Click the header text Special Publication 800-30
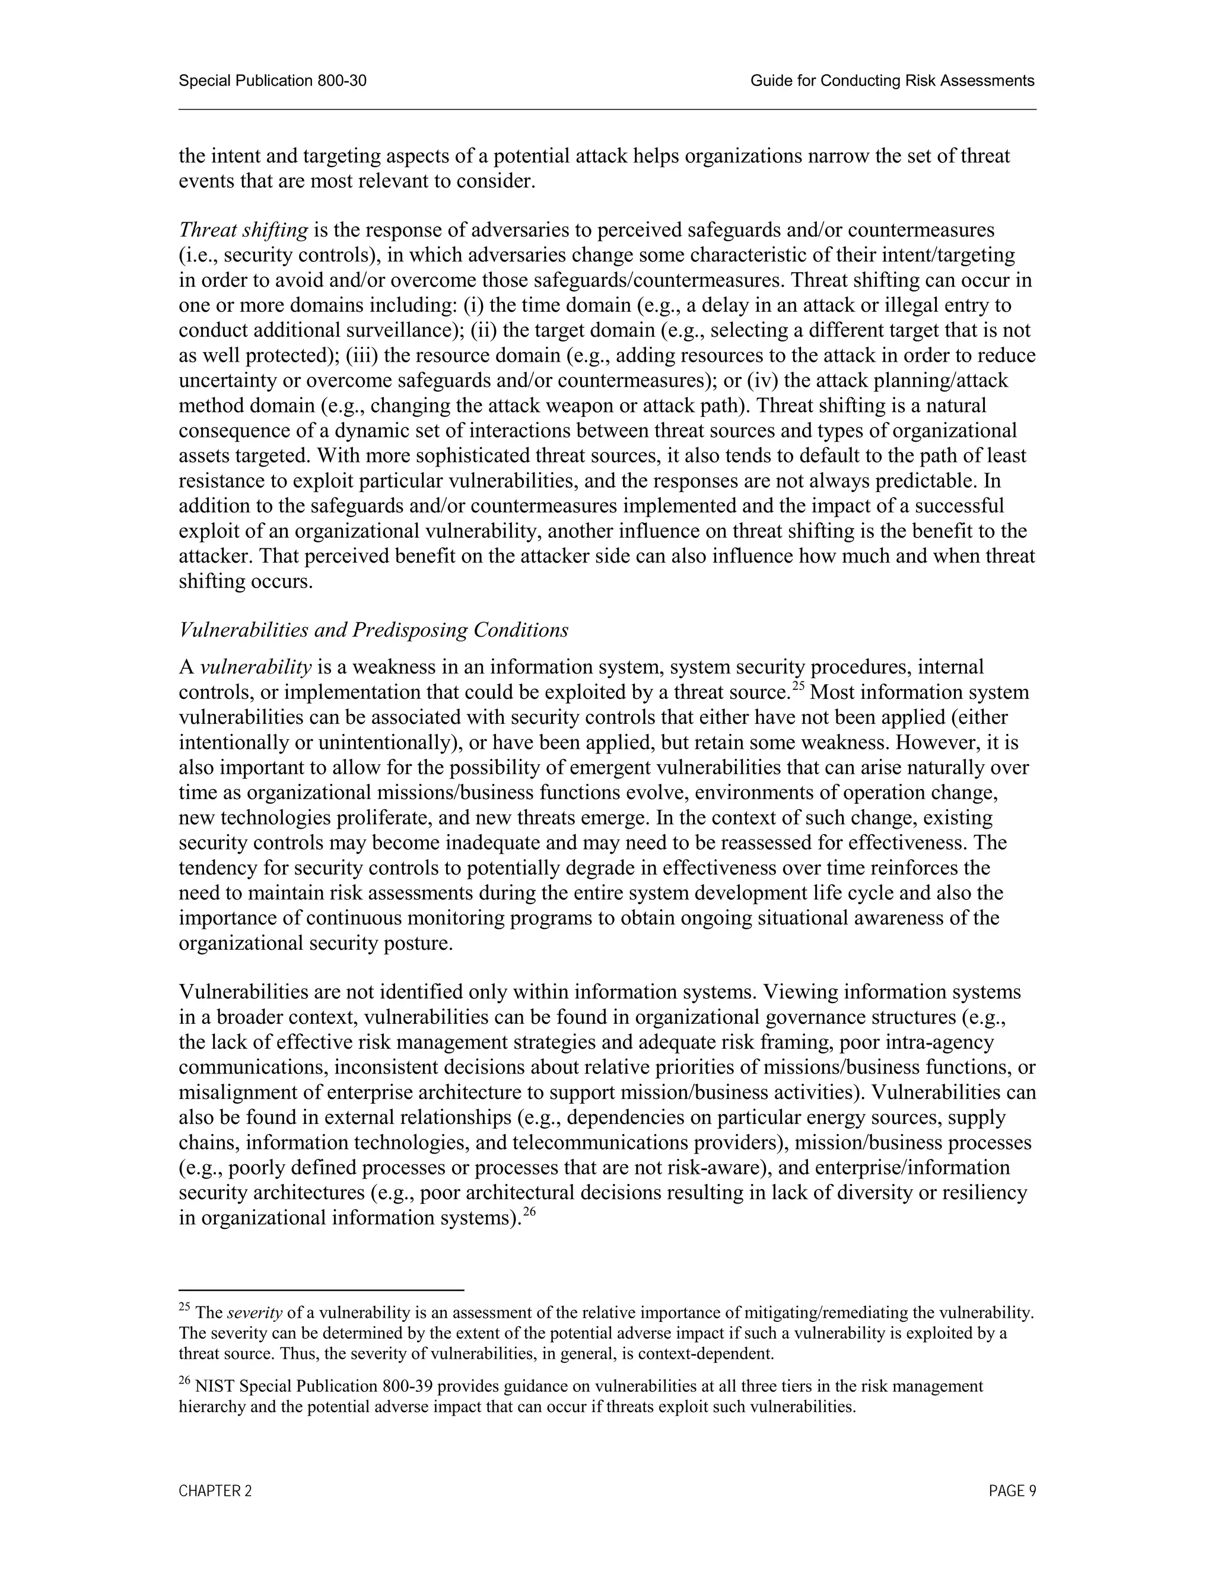click(x=272, y=81)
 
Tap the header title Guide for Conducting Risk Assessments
click(x=892, y=81)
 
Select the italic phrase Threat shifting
click(x=243, y=230)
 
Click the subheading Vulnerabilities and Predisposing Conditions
click(x=374, y=630)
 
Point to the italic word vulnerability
click(x=256, y=668)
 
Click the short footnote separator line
click(x=321, y=1291)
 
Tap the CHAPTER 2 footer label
click(x=215, y=1491)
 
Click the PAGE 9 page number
click(x=1012, y=1491)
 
